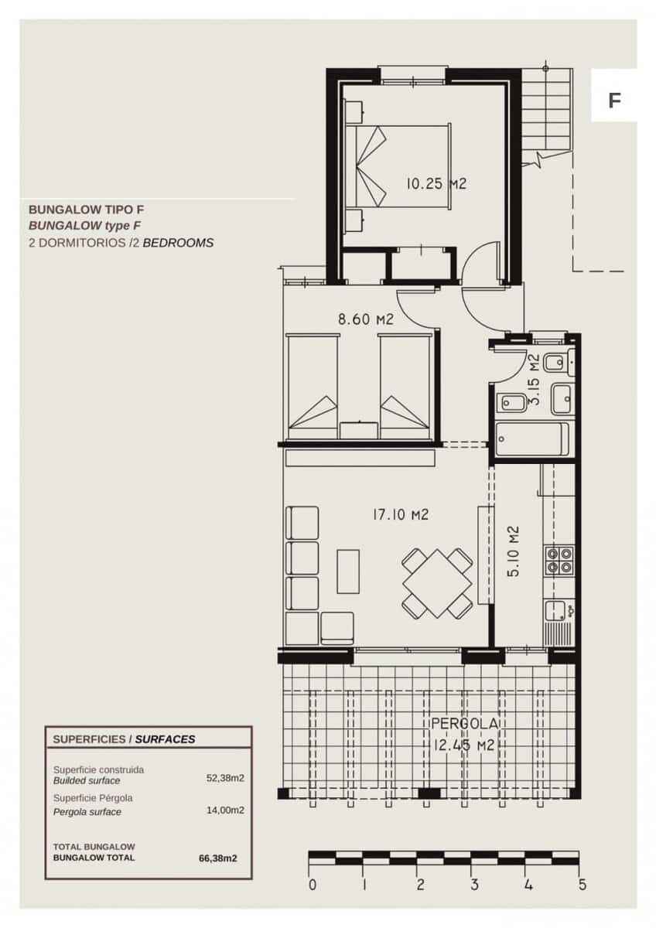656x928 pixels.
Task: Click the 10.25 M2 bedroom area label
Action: (436, 184)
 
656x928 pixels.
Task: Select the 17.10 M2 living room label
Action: (400, 514)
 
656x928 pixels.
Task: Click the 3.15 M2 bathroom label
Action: (533, 380)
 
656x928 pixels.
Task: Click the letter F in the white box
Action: (615, 101)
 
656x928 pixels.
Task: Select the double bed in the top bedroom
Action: (398, 166)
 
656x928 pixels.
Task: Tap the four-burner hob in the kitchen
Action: (559, 560)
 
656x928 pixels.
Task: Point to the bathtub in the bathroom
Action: (532, 440)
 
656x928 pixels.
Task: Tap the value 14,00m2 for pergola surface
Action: (227, 810)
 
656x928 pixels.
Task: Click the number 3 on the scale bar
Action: (474, 885)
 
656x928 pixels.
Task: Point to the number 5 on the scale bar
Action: (582, 885)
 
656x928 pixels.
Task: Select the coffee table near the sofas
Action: (348, 571)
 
